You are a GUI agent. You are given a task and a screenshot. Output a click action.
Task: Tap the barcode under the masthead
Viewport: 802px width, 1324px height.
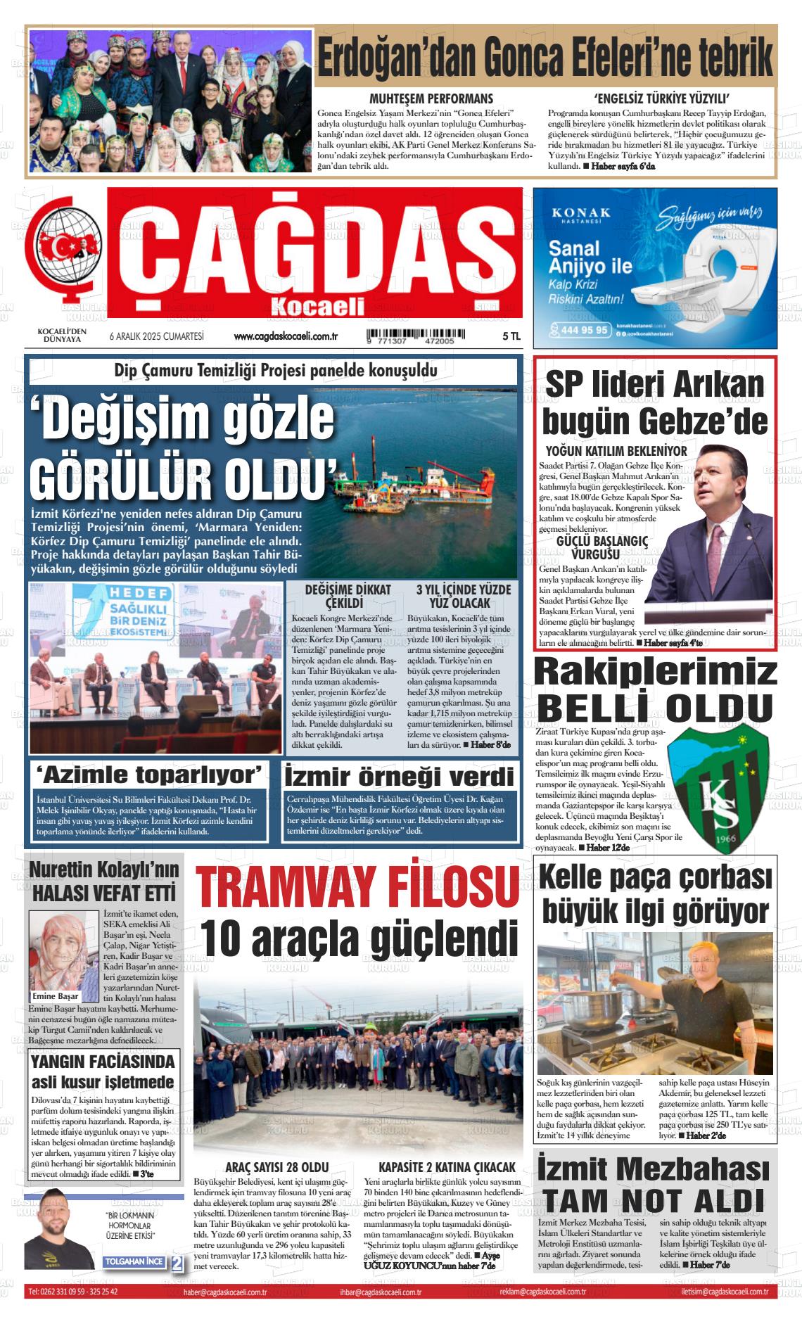pyautogui.click(x=410, y=336)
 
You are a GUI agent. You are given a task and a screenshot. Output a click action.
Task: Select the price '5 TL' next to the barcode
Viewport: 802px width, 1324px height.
pyautogui.click(x=511, y=337)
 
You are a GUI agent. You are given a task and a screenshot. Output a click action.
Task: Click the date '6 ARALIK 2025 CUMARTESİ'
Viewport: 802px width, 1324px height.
pyautogui.click(x=156, y=337)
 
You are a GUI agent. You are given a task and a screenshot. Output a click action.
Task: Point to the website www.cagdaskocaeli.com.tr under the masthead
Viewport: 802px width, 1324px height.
pyautogui.click(x=286, y=337)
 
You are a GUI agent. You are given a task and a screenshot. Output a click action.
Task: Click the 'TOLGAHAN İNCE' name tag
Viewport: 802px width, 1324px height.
pyautogui.click(x=134, y=1262)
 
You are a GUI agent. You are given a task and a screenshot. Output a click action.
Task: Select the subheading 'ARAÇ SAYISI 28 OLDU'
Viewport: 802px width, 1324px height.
pyautogui.click(x=276, y=1167)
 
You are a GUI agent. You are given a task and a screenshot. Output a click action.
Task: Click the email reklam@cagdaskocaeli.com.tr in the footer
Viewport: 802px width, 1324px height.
pyautogui.click(x=542, y=1292)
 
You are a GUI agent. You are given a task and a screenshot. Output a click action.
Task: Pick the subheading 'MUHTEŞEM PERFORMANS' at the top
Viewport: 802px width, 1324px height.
pyautogui.click(x=431, y=98)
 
